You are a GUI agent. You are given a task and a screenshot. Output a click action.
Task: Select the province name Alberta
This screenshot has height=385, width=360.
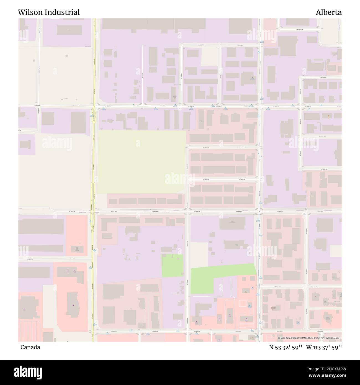(x=329, y=12)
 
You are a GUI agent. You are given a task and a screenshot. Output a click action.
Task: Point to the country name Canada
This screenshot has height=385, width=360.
(x=30, y=347)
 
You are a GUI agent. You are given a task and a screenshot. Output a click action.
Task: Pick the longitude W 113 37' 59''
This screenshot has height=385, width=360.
(x=324, y=347)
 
